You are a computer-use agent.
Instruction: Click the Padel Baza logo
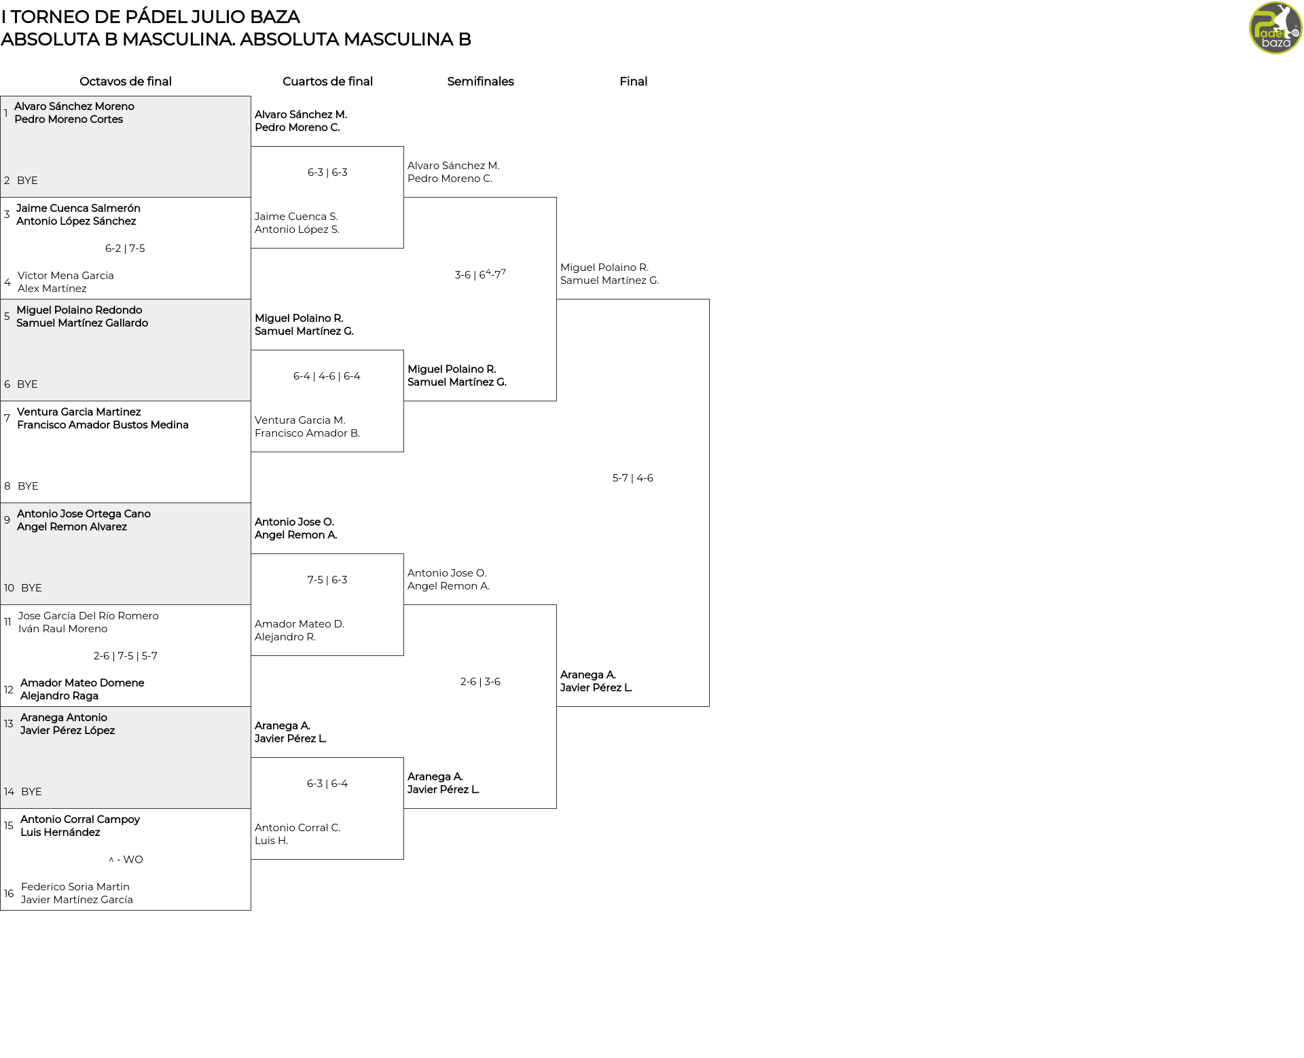point(1275,28)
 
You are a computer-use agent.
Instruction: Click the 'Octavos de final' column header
point(126,81)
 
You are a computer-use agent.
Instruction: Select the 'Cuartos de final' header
point(327,81)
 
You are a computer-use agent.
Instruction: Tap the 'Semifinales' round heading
point(480,81)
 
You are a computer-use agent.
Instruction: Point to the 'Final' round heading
point(633,81)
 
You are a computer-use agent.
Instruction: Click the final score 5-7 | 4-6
point(633,478)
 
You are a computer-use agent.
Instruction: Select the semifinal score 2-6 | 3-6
point(480,682)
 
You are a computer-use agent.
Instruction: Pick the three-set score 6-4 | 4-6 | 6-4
point(327,376)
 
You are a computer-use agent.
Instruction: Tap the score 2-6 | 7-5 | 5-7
point(126,656)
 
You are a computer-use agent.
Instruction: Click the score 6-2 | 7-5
point(125,249)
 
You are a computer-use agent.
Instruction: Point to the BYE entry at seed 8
point(28,486)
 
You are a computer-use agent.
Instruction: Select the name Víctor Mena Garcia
point(66,276)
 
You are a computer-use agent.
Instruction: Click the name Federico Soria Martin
point(75,887)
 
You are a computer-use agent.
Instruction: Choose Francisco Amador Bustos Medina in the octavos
point(103,425)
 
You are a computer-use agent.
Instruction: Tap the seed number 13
point(9,724)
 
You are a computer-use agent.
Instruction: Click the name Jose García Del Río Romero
point(88,616)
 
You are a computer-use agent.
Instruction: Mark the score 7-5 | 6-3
point(327,580)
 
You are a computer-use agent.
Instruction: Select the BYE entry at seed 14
point(31,792)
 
